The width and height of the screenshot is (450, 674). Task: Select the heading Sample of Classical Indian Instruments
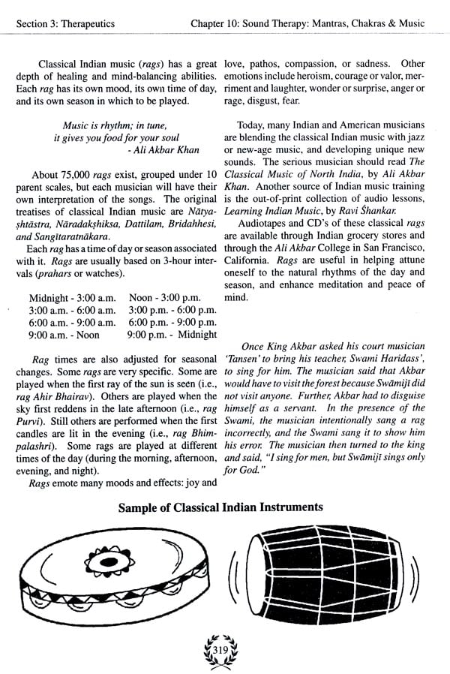click(x=220, y=507)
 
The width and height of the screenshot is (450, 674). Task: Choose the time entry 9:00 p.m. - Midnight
click(x=172, y=334)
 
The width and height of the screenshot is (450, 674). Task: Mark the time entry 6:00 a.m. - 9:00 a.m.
click(x=72, y=322)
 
